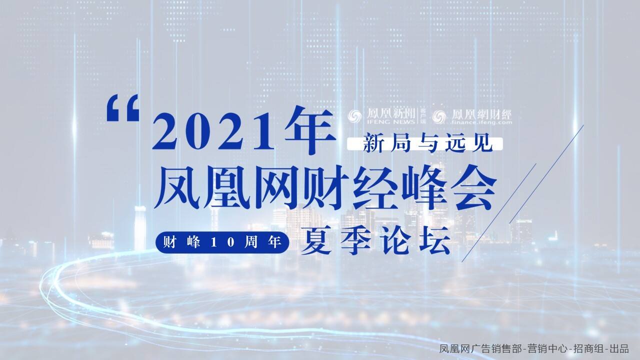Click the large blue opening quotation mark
coord(123,109)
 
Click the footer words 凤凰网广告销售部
coord(480,349)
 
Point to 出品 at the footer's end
coord(620,349)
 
